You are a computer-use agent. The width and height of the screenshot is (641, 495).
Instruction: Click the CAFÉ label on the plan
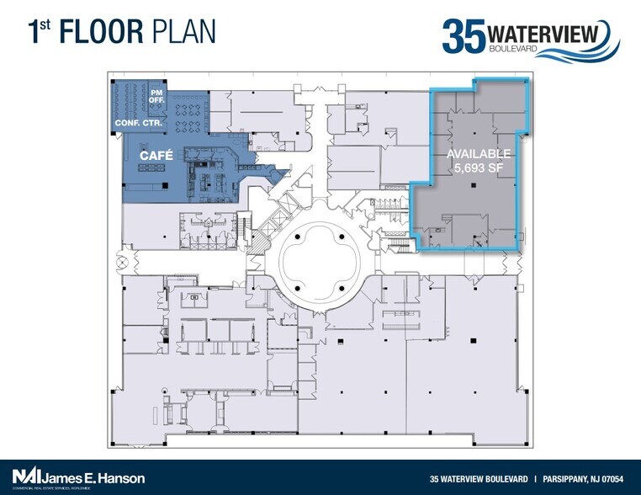click(x=157, y=156)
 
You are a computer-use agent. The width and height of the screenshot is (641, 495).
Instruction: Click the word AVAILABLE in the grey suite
click(x=478, y=154)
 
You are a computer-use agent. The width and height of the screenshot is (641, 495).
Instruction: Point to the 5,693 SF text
click(x=478, y=169)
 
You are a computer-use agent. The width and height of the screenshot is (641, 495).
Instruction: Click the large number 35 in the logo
click(x=464, y=36)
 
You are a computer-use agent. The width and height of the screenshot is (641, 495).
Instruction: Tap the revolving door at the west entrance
click(x=126, y=252)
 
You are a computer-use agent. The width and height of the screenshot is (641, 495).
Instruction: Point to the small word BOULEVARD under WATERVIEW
click(x=511, y=50)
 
